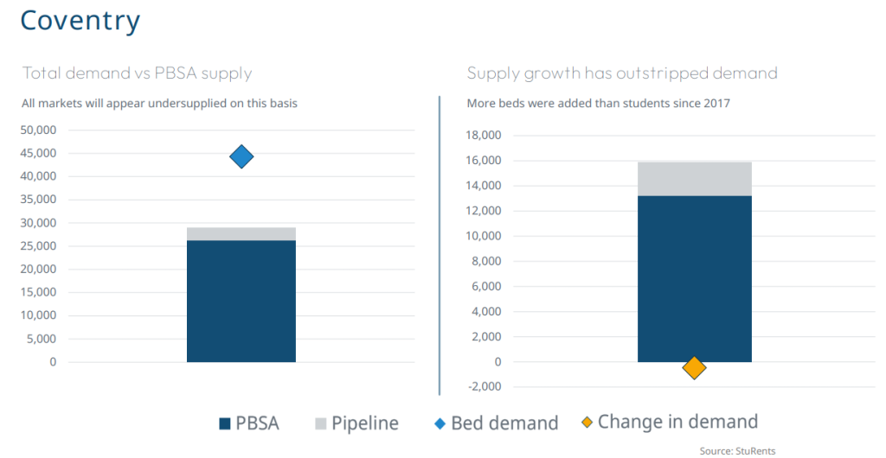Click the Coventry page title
coord(80,21)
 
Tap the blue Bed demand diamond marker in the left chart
coord(241,156)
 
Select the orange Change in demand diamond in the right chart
coord(694,368)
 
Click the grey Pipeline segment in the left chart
coord(241,234)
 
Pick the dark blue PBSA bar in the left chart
coord(241,302)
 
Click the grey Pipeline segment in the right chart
coord(695,180)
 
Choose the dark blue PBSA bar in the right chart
coord(695,279)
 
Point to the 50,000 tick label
coord(39,130)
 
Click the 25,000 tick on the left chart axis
coord(39,246)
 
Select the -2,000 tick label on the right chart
coord(485,387)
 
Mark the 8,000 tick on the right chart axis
coord(487,262)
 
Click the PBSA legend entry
coord(248,423)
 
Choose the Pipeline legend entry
coord(356,423)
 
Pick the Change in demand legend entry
coord(671,422)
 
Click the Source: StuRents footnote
coord(737,451)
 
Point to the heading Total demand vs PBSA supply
coord(137,74)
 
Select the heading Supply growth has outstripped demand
coord(622,74)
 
